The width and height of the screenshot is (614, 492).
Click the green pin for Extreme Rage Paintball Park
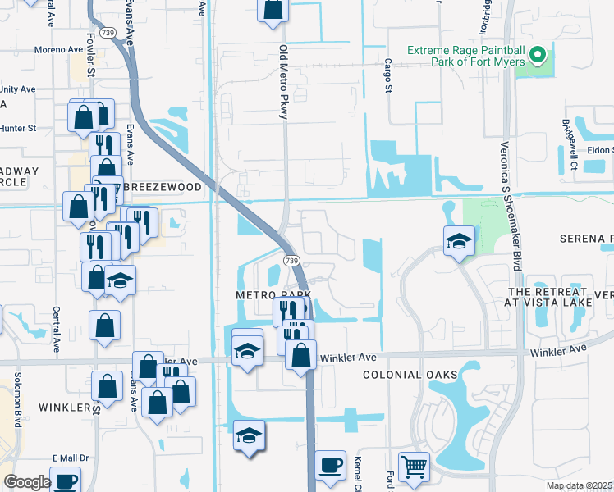point(538,56)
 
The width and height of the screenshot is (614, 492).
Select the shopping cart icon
point(415,467)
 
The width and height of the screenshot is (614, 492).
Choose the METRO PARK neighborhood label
point(274,294)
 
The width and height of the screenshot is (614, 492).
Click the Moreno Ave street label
point(59,49)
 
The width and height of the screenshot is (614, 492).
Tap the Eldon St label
point(600,150)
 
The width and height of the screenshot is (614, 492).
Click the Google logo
point(26,482)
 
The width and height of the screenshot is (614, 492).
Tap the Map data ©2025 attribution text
point(579,485)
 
